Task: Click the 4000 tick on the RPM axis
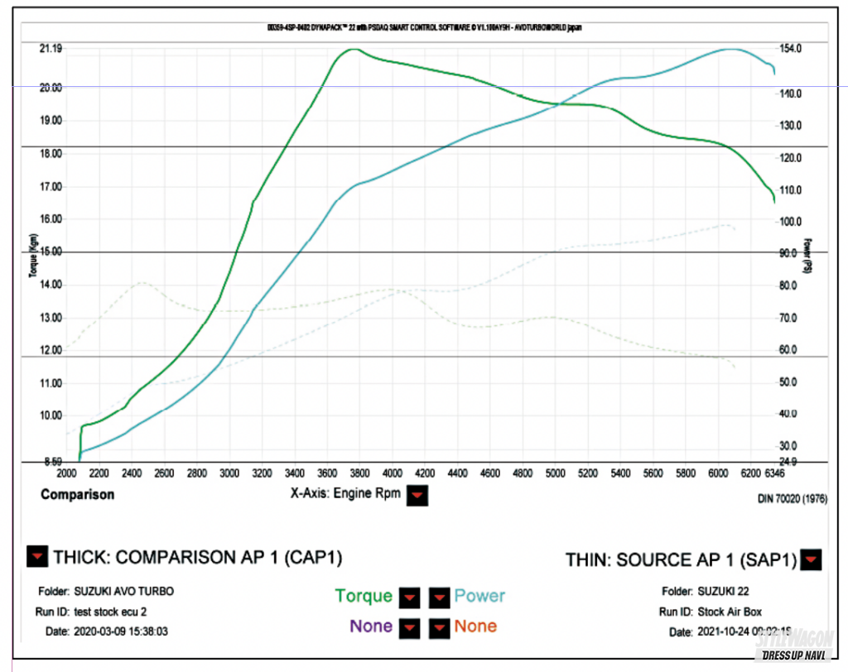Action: tap(392, 473)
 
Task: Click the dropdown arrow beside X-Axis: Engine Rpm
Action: tap(418, 495)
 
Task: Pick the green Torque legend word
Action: tap(364, 596)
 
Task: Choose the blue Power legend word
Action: tap(479, 596)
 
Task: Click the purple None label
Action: tap(371, 626)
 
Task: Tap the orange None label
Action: tap(475, 626)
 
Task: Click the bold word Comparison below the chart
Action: tap(77, 495)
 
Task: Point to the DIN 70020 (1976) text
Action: tap(791, 499)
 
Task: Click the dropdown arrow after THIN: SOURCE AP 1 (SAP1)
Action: tap(812, 560)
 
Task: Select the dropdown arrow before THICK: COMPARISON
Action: tap(37, 558)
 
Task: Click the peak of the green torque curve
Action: tap(354, 49)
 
